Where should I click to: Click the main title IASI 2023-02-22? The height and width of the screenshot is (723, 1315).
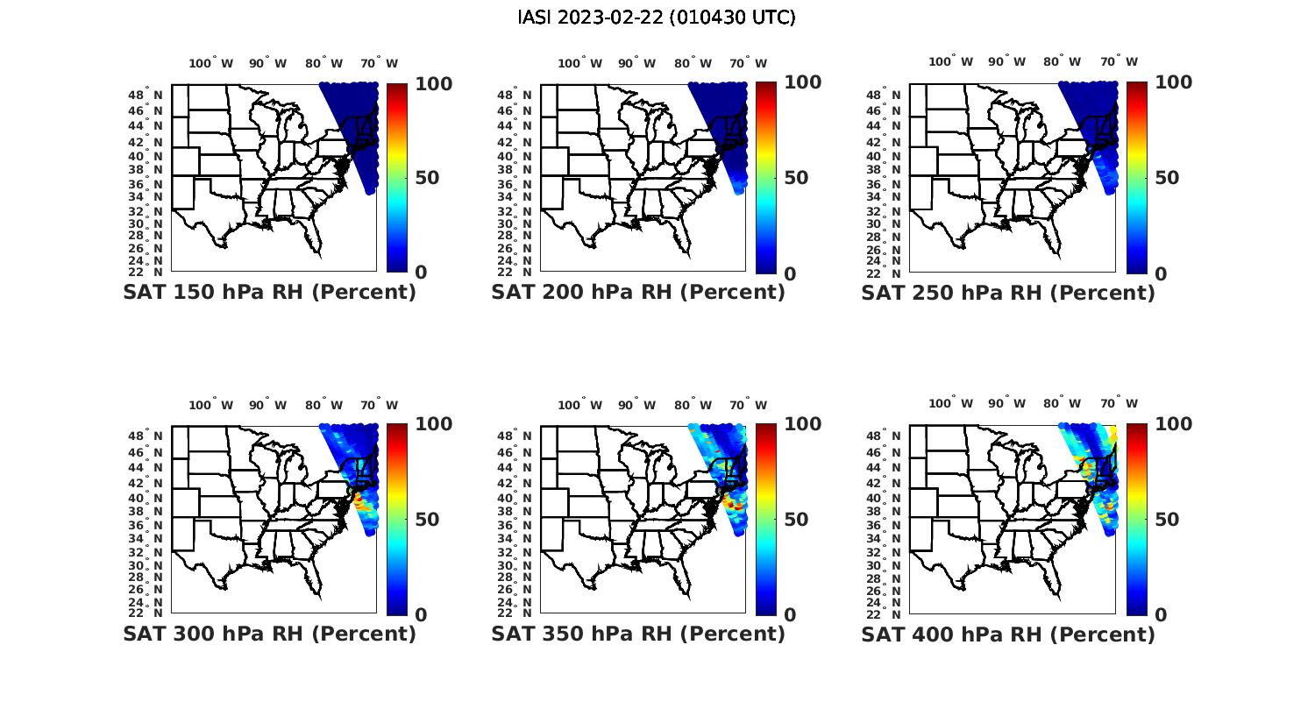tap(657, 18)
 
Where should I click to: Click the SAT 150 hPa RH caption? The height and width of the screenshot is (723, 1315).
tap(269, 293)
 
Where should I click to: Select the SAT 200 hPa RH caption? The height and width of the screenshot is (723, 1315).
tap(638, 293)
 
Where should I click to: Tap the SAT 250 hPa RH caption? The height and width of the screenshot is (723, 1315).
tap(1008, 293)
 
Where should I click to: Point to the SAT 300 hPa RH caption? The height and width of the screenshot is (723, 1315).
tap(269, 634)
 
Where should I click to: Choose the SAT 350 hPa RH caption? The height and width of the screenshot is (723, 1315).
tap(638, 634)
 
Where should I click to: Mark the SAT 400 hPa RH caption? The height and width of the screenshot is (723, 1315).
tap(1008, 634)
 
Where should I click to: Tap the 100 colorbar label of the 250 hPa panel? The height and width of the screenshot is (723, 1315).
tap(1174, 82)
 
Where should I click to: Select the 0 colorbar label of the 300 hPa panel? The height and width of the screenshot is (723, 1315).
tap(421, 615)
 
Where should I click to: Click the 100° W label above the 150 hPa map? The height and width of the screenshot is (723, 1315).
tap(211, 63)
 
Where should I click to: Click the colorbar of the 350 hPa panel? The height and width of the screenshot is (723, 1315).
tap(765, 519)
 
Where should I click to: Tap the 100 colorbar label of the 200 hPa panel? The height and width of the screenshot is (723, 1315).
tap(803, 82)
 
